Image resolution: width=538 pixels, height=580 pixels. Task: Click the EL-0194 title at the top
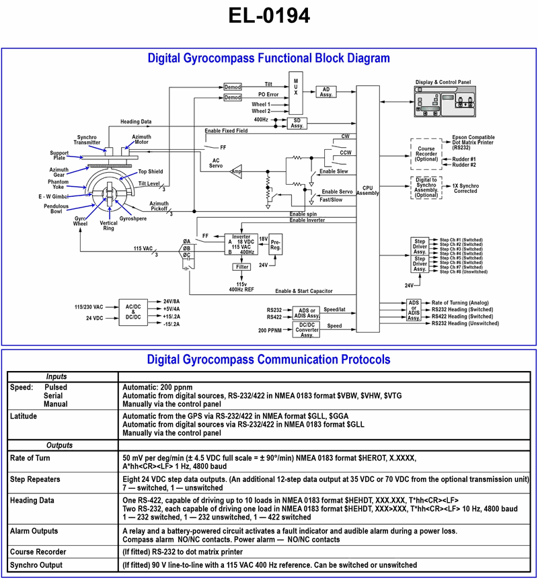point(268,16)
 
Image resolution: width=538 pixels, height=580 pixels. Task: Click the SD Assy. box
point(296,122)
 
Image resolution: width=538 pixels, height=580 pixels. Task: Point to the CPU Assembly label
point(367,190)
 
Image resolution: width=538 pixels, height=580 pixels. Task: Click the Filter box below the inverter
point(241,267)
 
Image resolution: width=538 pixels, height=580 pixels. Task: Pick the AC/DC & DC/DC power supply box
point(133,313)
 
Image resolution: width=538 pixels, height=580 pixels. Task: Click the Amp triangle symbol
point(237,171)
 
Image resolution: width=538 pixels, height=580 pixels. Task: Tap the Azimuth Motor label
point(141,140)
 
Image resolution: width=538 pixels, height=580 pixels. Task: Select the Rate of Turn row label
point(30,458)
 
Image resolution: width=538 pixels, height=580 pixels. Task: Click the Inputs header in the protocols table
point(61,376)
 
